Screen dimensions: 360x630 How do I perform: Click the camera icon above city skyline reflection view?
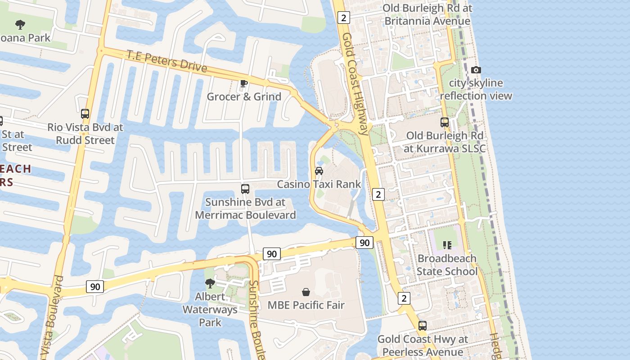(x=476, y=70)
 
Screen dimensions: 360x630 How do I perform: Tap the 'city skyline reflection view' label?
(x=476, y=90)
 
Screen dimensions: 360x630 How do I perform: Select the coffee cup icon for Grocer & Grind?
(x=244, y=83)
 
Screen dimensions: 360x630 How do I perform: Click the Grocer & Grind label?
(x=244, y=97)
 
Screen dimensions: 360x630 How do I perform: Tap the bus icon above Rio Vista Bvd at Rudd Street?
(x=85, y=114)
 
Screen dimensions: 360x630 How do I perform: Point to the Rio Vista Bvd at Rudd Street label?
(x=85, y=134)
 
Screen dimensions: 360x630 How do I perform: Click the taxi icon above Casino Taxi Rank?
(x=319, y=171)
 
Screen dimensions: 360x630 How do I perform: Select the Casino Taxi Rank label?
(x=319, y=184)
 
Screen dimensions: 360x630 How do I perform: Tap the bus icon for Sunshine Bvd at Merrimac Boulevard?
(x=245, y=189)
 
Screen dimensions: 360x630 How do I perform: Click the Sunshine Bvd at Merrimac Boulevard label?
(x=245, y=209)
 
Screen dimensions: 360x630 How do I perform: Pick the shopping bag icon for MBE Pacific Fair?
(x=306, y=292)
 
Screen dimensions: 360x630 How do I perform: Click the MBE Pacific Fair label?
(x=306, y=305)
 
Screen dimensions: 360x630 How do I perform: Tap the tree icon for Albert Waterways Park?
(x=210, y=283)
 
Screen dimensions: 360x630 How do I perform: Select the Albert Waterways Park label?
(x=210, y=310)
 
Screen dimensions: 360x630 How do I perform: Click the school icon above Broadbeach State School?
(x=447, y=245)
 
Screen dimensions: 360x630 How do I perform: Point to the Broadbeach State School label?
(x=447, y=265)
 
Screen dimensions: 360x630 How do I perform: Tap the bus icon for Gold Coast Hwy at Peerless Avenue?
(x=423, y=326)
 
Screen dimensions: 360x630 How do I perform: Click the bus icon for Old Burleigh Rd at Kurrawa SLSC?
(x=445, y=122)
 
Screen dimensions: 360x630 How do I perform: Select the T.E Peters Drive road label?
(x=166, y=62)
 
